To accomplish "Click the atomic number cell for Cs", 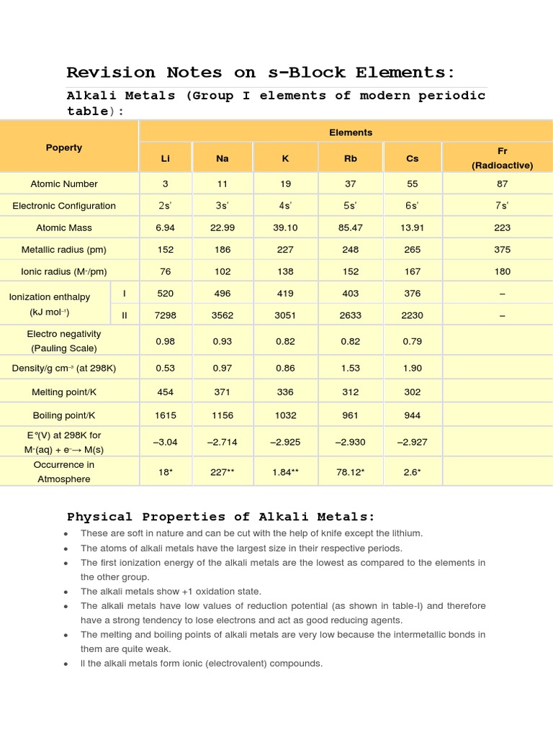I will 411,184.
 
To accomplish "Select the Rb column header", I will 351,158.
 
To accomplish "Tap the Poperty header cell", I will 64,148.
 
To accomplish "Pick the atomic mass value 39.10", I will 286,227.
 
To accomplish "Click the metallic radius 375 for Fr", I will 502,250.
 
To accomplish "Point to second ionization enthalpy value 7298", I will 165,315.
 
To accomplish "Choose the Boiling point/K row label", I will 64,415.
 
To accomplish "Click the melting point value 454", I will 165,392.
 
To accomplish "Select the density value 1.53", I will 351,368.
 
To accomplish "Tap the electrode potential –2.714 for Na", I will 222,442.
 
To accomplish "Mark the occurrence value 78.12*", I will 351,471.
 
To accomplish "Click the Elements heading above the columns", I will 351,132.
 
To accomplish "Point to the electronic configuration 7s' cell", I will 502,206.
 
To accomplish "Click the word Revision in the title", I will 110,73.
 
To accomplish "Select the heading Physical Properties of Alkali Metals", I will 221,517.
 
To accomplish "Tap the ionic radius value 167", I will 411,271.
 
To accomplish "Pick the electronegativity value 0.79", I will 411,341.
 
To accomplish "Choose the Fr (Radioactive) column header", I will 502,158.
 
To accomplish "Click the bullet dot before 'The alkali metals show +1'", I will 66,592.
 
